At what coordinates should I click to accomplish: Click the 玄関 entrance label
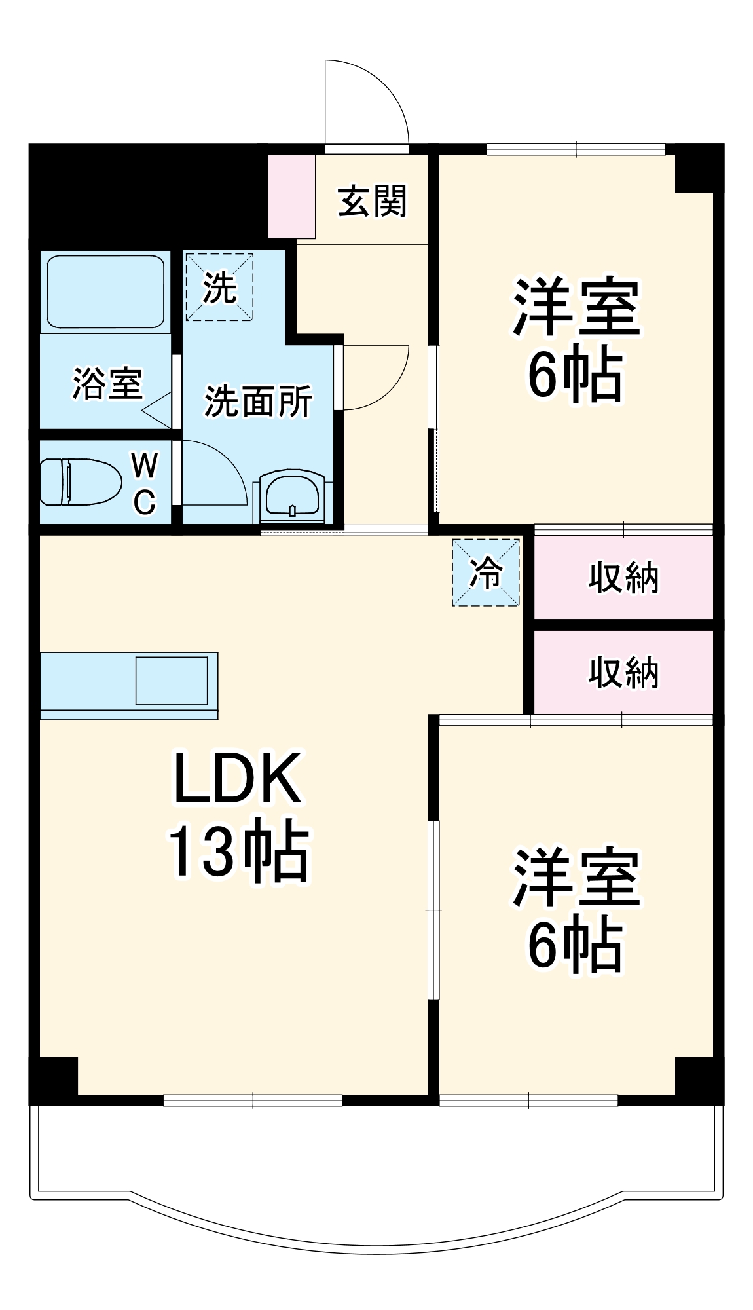click(x=372, y=200)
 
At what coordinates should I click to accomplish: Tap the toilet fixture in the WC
click(x=81, y=482)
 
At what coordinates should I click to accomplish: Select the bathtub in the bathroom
click(x=105, y=291)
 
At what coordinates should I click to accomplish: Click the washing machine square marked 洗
click(x=219, y=287)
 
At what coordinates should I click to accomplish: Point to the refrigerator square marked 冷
click(x=486, y=572)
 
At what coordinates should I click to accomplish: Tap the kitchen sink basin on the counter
click(x=172, y=681)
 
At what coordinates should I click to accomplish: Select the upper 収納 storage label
click(x=623, y=578)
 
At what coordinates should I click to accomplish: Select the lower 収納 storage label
click(x=623, y=673)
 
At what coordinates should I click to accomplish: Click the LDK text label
click(x=237, y=779)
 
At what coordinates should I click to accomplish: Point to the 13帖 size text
click(x=238, y=851)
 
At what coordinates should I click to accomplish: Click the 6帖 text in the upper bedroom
click(x=575, y=375)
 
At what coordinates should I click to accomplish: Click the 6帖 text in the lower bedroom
click(x=575, y=945)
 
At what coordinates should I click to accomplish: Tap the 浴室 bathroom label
click(x=107, y=383)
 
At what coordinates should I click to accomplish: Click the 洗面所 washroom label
click(x=258, y=402)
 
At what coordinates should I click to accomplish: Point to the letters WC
click(x=144, y=483)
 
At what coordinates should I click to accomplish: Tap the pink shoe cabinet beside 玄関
click(x=291, y=196)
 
